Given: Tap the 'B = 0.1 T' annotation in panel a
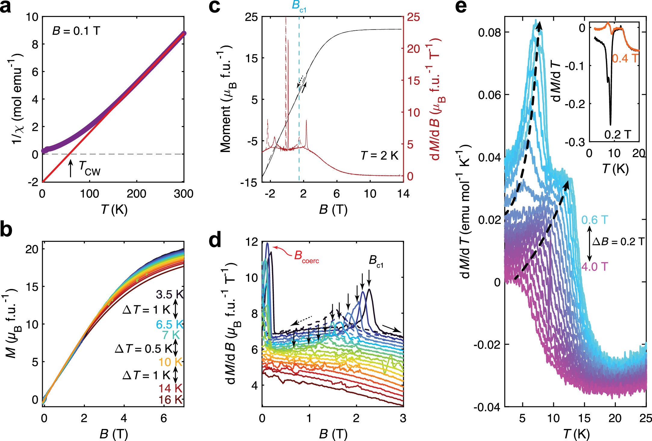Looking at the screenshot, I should coord(76,31).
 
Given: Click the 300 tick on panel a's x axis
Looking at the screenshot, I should coord(183,194).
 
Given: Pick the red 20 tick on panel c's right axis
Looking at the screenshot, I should coord(413,49).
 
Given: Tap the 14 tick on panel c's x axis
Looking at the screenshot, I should coord(403,194).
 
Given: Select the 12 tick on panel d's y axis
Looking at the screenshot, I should coord(252,242).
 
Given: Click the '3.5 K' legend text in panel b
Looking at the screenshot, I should coord(169,294).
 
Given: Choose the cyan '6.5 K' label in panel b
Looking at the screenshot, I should coord(169,325).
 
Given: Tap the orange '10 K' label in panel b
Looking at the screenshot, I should coord(170,362).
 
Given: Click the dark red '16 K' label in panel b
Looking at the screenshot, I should coord(171,400).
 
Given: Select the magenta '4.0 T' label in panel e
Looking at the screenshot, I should coord(595,267).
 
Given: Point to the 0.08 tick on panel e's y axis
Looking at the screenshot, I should coord(489,32).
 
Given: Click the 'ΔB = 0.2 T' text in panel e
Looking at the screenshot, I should coord(618,242).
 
